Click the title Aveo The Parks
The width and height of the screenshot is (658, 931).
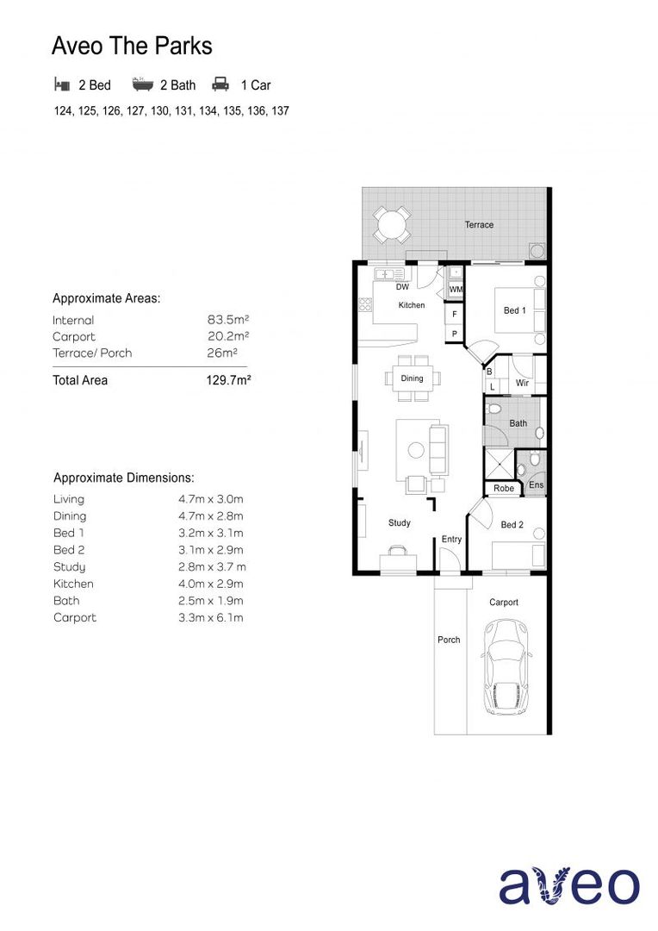(x=132, y=46)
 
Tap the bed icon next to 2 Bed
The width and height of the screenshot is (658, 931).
(x=61, y=84)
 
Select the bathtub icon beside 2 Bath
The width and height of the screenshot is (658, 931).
(x=142, y=84)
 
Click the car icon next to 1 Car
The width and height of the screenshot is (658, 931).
(x=220, y=84)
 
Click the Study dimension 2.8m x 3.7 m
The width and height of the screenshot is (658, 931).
(x=206, y=567)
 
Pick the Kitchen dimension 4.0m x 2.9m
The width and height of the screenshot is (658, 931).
(x=205, y=584)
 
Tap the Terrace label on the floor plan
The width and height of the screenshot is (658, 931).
(x=479, y=225)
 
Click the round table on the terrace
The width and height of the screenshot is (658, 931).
(x=392, y=226)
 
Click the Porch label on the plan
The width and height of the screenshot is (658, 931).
(x=449, y=640)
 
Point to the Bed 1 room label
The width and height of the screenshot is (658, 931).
(x=514, y=310)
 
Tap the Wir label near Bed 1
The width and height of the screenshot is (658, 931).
(x=522, y=383)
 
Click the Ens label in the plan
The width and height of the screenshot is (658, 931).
(x=536, y=486)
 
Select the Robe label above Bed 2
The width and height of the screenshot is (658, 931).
(x=504, y=489)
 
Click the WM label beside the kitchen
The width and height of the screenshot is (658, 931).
(x=456, y=290)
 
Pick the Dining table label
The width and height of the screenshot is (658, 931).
(x=412, y=378)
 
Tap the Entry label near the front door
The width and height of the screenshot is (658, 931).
(x=451, y=540)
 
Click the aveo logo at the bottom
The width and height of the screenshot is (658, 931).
(x=569, y=885)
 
